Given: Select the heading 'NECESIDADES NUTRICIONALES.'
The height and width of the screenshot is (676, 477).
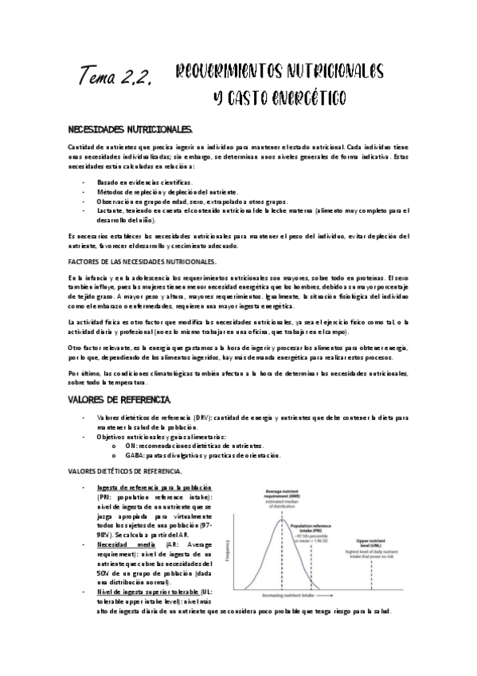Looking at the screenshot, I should (x=129, y=128).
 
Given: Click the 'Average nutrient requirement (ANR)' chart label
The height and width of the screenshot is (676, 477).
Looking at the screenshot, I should (x=281, y=493).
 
